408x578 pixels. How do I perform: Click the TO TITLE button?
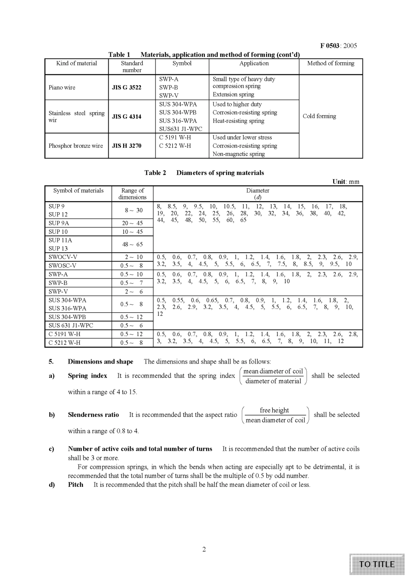[377, 564]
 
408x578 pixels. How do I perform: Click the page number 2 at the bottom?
[204, 549]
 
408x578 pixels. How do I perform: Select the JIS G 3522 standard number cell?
[126, 88]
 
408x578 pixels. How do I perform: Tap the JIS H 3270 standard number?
[126, 146]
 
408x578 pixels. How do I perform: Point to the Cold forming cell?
[319, 116]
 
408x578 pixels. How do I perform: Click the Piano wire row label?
[62, 88]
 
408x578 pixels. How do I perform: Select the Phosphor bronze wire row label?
[76, 146]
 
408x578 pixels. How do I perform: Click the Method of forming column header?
[331, 63]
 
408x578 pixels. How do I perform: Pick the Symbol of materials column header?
[78, 191]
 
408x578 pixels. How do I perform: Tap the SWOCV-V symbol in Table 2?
[63, 257]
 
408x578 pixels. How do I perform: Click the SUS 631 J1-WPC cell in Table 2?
[70, 325]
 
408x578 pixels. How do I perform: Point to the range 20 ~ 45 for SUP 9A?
[132, 223]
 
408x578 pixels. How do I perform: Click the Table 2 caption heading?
[204, 173]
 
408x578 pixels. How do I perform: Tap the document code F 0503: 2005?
[338, 46]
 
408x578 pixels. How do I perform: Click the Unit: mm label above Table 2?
[346, 182]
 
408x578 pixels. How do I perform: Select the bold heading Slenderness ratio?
[93, 415]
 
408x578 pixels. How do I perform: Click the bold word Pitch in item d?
[76, 484]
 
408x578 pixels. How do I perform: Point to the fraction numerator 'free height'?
[274, 410]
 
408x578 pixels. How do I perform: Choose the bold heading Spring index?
[87, 376]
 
